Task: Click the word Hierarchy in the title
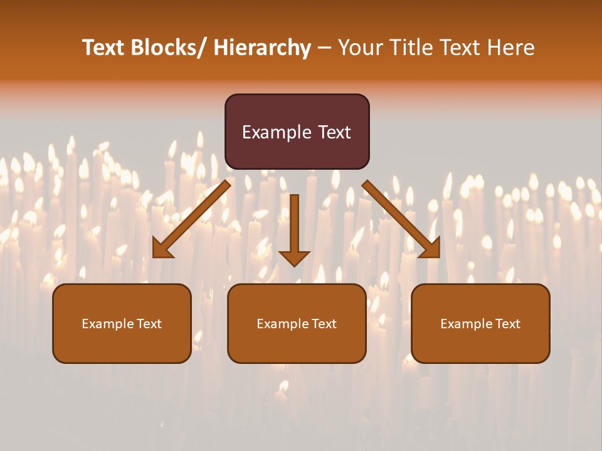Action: [262, 48]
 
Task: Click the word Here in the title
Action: [511, 48]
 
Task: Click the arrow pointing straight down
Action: [294, 225]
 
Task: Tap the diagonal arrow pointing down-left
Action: [191, 219]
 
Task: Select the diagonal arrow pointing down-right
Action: [401, 219]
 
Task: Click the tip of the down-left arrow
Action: [154, 257]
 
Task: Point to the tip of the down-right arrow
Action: [438, 257]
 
